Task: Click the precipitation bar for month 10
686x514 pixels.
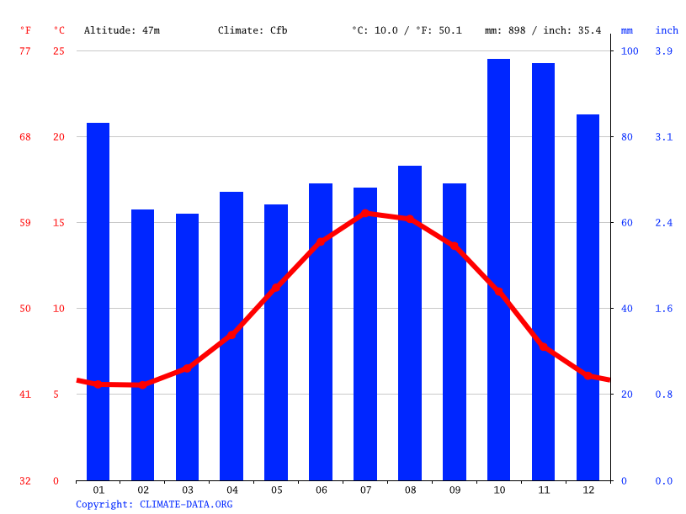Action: pyautogui.click(x=498, y=269)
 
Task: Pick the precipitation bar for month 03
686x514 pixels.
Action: pyautogui.click(x=187, y=347)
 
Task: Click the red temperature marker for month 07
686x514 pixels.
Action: pyautogui.click(x=364, y=214)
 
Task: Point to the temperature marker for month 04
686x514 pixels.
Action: pyautogui.click(x=231, y=335)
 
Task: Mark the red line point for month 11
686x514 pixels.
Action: pyautogui.click(x=544, y=347)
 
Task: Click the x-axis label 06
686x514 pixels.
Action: pyautogui.click(x=321, y=490)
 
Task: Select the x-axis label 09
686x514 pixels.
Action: pyautogui.click(x=455, y=490)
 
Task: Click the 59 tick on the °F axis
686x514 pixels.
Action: pyautogui.click(x=25, y=223)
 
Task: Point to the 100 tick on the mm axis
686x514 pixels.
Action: pyautogui.click(x=630, y=51)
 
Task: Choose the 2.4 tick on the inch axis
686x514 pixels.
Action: pyautogui.click(x=664, y=223)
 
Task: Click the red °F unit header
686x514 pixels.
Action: pyautogui.click(x=25, y=30)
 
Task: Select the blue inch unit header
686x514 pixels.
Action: pyautogui.click(x=667, y=30)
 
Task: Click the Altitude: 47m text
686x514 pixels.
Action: pyautogui.click(x=122, y=30)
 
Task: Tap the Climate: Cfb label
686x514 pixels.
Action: pyautogui.click(x=253, y=30)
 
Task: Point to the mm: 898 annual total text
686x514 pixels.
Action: pyautogui.click(x=509, y=30)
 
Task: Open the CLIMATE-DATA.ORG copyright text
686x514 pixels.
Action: pyautogui.click(x=154, y=504)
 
